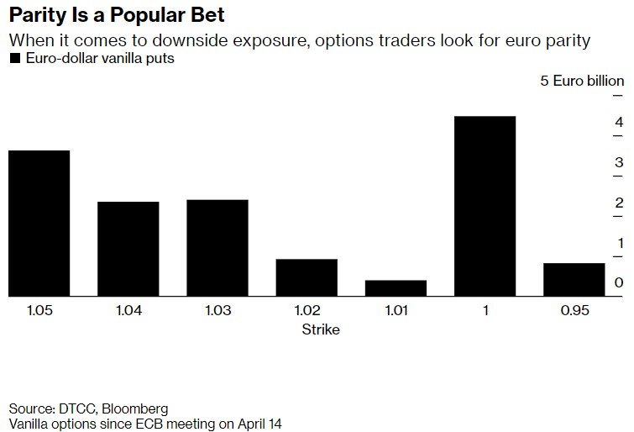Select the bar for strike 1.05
[x=39, y=223]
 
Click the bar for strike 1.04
[x=128, y=249]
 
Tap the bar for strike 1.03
[x=217, y=248]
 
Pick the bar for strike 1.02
[x=307, y=277]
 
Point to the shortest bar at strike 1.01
[x=396, y=287]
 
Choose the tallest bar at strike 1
[x=485, y=206]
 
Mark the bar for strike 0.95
[x=574, y=279]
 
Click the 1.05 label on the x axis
[x=39, y=311]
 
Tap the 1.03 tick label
[x=217, y=311]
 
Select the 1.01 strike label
[x=396, y=311]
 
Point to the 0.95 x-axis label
[x=574, y=311]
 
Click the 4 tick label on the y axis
[x=618, y=123]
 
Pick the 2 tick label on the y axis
[x=618, y=203]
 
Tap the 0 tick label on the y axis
[x=618, y=282]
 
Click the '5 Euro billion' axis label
[x=582, y=81]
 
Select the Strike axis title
[x=321, y=329]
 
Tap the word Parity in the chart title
[x=37, y=15]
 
